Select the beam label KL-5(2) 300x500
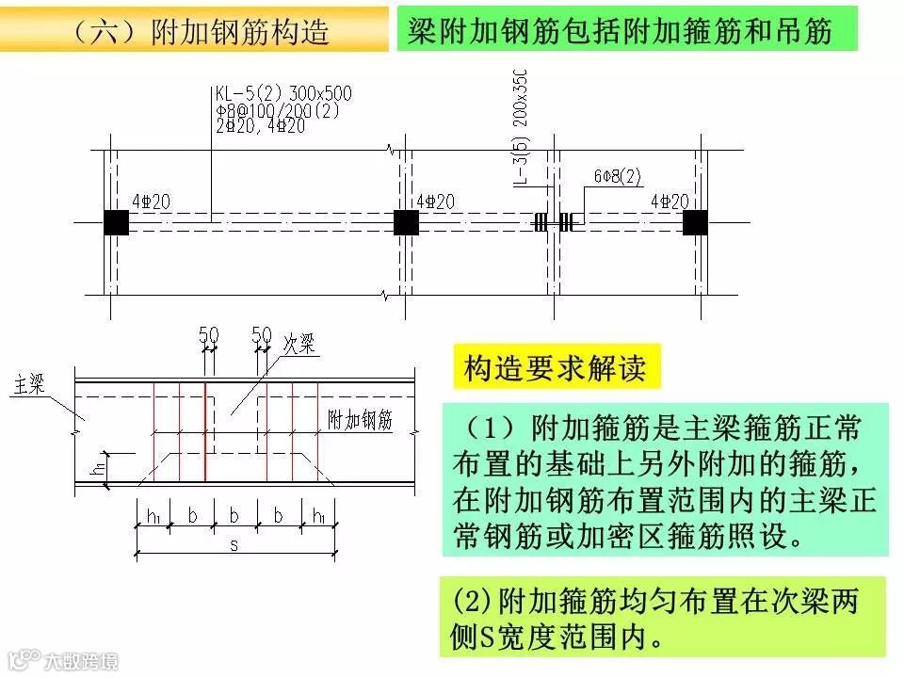[283, 93]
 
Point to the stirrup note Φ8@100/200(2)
[277, 109]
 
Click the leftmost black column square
[116, 222]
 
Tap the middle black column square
[406, 222]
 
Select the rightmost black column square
[695, 222]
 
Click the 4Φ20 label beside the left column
[150, 202]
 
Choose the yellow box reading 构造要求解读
[556, 368]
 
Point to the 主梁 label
[30, 384]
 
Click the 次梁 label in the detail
[299, 345]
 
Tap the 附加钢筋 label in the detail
[360, 421]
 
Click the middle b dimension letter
[235, 516]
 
